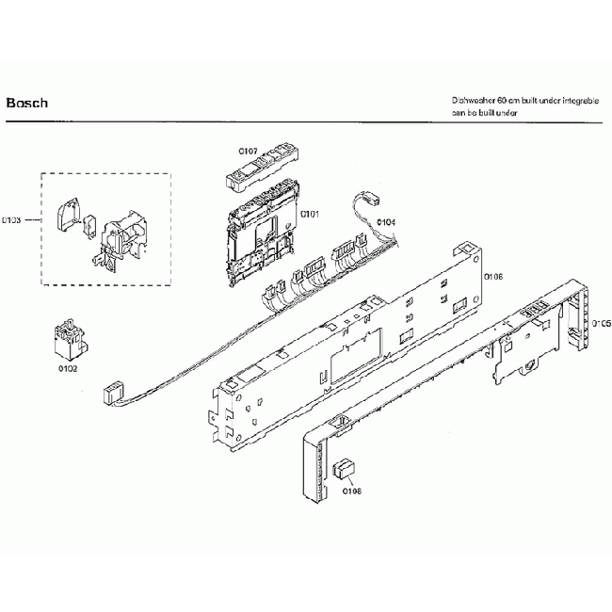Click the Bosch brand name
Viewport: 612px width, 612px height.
[x=26, y=103]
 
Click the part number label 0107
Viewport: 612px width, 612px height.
[x=247, y=151]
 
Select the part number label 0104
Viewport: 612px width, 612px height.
[x=386, y=222]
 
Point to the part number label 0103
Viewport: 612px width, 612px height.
[x=12, y=220]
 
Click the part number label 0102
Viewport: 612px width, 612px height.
[x=67, y=369]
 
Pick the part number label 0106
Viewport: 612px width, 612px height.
[x=492, y=278]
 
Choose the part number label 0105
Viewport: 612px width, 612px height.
[x=602, y=323]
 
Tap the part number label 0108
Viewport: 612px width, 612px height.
[x=352, y=491]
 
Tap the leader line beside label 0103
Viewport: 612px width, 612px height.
[x=33, y=220]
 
